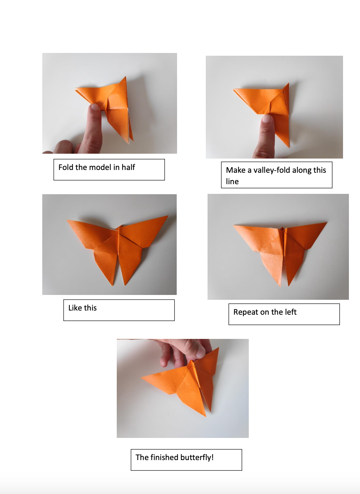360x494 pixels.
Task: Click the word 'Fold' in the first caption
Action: click(66, 168)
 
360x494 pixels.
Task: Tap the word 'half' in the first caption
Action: click(128, 168)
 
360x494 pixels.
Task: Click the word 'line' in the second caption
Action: click(232, 182)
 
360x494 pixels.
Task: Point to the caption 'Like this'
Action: click(82, 308)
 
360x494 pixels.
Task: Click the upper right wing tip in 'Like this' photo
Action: click(168, 216)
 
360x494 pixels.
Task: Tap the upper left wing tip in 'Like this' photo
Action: click(67, 220)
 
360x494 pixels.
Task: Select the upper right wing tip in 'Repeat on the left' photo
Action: click(326, 223)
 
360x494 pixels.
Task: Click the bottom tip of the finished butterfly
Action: click(205, 416)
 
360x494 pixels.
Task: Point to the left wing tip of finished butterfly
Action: click(142, 378)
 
